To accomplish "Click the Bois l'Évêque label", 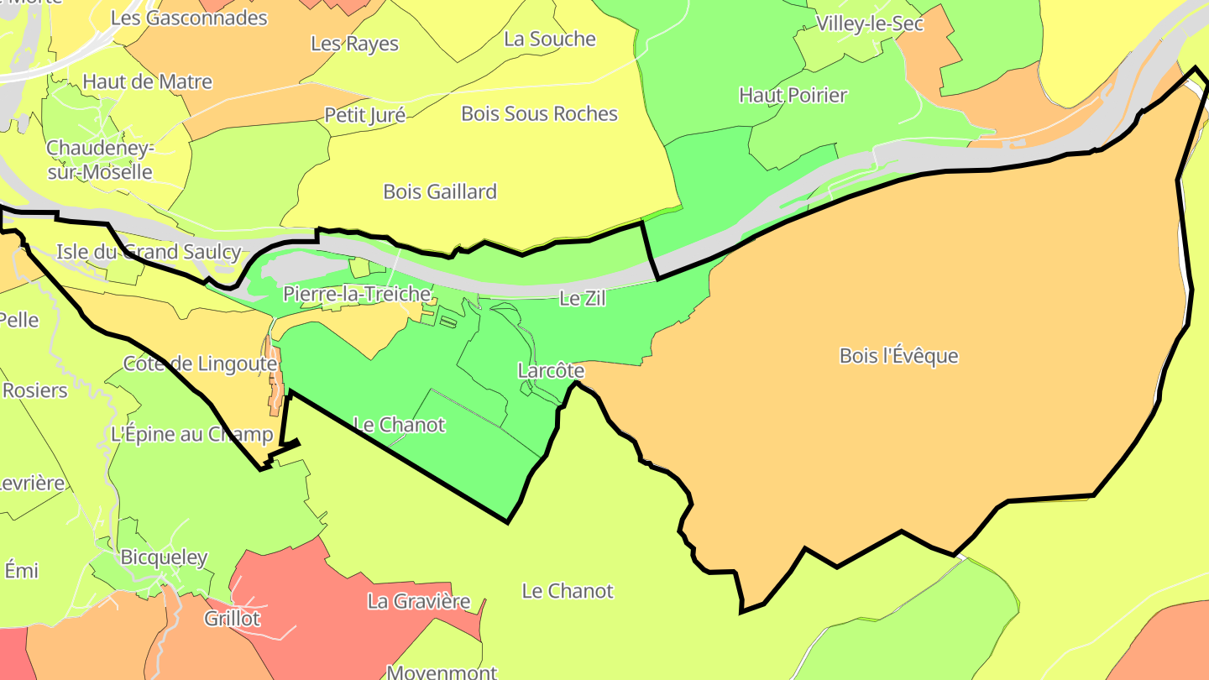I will (898, 356).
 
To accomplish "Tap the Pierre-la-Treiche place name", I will (357, 295).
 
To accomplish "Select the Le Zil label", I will (582, 298).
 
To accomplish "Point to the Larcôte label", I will (551, 370).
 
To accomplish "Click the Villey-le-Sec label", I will (870, 24).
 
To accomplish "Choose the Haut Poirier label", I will (793, 96).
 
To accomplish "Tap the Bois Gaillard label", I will (440, 192).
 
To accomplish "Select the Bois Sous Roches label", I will (539, 114).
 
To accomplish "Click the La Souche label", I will (549, 39).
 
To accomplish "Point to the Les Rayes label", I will (354, 44).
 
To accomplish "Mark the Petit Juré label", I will (364, 115).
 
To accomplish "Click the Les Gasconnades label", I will (189, 18).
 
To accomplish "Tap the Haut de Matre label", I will (147, 82).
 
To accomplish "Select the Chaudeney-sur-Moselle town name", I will (99, 160).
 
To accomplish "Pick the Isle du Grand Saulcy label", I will (149, 252).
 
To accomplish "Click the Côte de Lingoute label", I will (200, 364).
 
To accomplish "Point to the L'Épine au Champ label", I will (191, 435).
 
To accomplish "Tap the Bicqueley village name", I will (164, 557).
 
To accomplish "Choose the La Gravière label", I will (418, 602).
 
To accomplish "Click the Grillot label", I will (233, 620).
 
